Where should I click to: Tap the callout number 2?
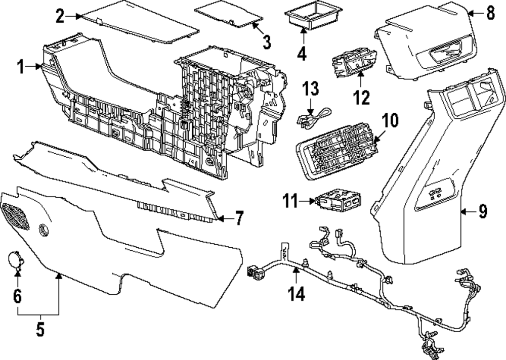click(60, 16)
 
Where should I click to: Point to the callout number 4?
click(302, 53)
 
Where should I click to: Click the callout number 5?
click(40, 329)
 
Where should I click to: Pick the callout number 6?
click(18, 296)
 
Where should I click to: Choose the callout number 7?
click(238, 219)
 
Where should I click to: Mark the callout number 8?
click(490, 13)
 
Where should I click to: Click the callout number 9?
click(482, 211)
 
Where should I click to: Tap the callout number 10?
click(390, 120)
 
